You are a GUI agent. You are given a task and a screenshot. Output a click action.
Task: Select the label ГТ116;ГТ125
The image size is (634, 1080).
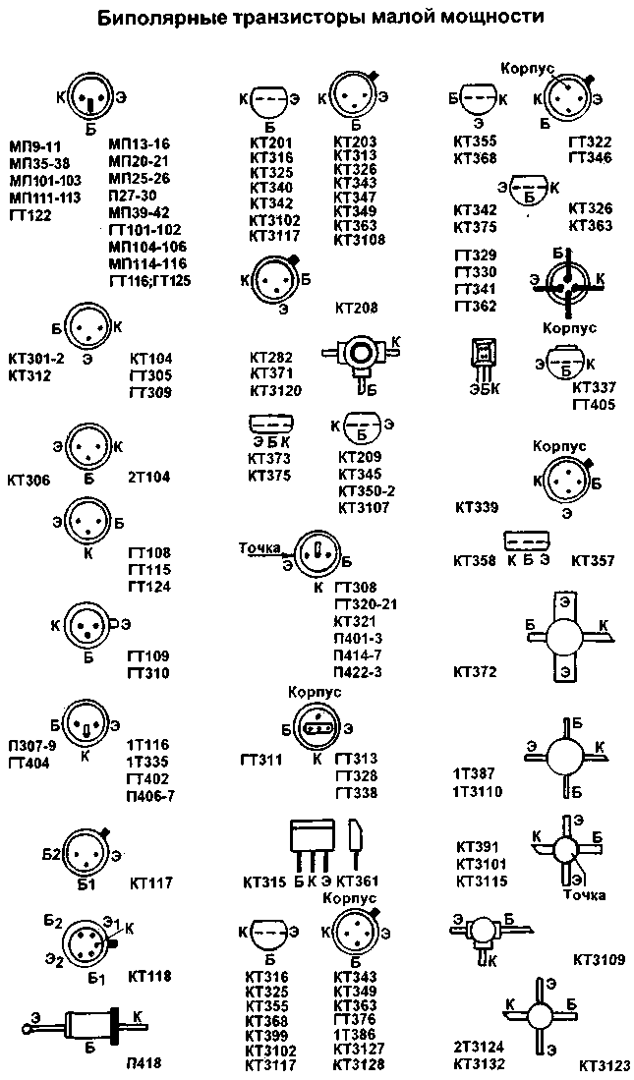(x=149, y=281)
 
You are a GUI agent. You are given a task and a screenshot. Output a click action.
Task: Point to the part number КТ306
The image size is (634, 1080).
(x=29, y=481)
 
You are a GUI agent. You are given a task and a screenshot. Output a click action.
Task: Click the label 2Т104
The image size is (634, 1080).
(x=148, y=478)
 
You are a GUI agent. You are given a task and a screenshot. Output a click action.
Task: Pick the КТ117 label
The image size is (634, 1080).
(x=149, y=883)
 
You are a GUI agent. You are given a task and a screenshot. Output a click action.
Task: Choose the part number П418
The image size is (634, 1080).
(x=143, y=1062)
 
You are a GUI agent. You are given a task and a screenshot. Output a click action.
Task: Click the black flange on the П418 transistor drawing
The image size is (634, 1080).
(x=114, y=1023)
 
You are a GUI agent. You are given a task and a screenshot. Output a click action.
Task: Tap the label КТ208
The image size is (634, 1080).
(x=356, y=309)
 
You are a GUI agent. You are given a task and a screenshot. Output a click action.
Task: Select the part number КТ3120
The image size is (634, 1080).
(x=275, y=390)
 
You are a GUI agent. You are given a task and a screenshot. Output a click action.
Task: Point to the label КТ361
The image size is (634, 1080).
(x=357, y=881)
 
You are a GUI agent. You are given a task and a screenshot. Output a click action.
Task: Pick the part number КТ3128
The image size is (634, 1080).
(x=359, y=1063)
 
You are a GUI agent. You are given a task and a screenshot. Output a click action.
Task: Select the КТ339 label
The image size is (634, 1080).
(x=477, y=508)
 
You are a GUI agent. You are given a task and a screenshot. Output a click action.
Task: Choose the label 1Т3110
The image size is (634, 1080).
(x=478, y=791)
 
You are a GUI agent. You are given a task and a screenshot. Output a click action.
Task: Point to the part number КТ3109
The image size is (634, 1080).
(x=598, y=958)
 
